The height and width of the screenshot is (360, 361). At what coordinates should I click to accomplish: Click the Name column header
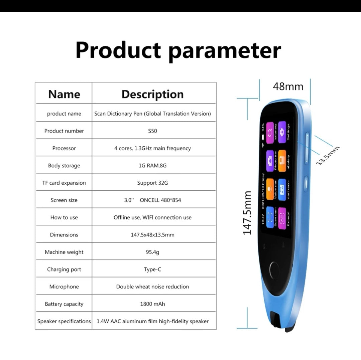click(64, 94)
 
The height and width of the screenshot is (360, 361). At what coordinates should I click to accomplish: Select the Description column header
click(152, 94)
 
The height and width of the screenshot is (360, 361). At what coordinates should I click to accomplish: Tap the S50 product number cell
click(152, 131)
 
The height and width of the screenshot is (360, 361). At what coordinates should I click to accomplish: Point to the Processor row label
click(64, 148)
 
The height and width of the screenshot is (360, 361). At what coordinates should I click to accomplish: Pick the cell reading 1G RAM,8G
click(152, 166)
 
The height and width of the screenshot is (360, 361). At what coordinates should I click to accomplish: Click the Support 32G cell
click(152, 183)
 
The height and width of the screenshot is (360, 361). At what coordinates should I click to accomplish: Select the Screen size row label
click(64, 200)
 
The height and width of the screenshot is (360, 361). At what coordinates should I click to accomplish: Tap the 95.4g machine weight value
click(152, 252)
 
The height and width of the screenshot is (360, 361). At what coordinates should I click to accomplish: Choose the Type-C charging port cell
click(152, 269)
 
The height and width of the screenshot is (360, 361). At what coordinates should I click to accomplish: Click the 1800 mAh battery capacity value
click(152, 304)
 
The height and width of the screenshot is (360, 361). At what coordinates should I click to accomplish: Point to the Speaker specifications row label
click(64, 321)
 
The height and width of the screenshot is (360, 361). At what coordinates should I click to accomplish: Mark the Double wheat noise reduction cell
click(152, 287)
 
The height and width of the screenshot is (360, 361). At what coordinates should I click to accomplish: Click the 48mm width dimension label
click(288, 86)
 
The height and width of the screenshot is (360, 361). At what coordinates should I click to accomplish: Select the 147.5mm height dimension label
click(247, 213)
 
